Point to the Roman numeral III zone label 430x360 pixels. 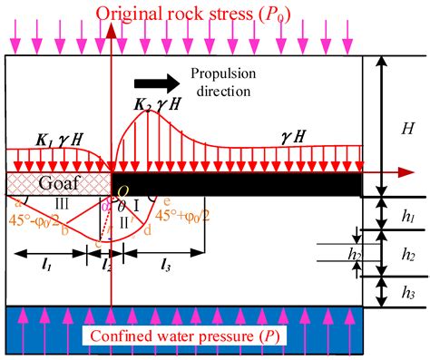(x=63, y=202)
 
